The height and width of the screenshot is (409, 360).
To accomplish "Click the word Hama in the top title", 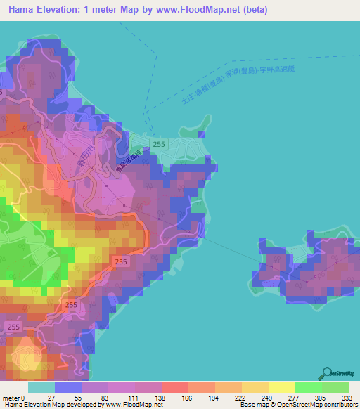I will (x=24, y=11).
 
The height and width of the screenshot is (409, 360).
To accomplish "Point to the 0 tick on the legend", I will (x=29, y=398).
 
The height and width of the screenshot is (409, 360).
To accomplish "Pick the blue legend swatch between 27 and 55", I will (x=67, y=387).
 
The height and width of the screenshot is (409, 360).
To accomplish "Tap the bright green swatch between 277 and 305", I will (x=308, y=387).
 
